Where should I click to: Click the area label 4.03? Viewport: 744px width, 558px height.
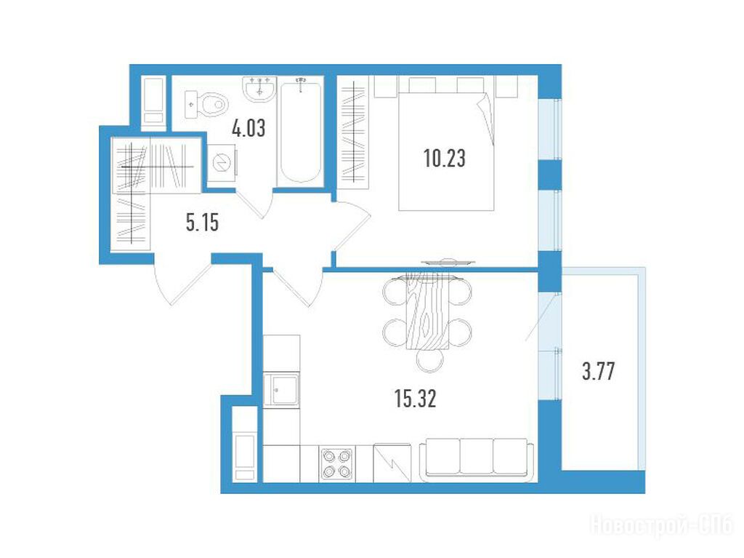pyautogui.click(x=248, y=128)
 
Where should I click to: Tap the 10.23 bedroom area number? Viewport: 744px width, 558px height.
pyautogui.click(x=445, y=159)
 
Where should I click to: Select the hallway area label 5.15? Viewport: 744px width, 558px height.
pyautogui.click(x=203, y=223)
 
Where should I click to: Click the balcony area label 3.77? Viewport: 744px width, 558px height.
pyautogui.click(x=599, y=371)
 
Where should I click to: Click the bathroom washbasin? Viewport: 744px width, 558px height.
pyautogui.click(x=259, y=89)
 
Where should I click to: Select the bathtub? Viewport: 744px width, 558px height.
pyautogui.click(x=300, y=132)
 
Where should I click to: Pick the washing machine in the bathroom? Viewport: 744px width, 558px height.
pyautogui.click(x=221, y=163)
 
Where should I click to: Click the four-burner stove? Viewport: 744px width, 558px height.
pyautogui.click(x=336, y=464)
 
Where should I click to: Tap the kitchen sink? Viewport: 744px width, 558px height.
pyautogui.click(x=282, y=390)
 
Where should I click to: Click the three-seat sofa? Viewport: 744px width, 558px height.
pyautogui.click(x=477, y=457)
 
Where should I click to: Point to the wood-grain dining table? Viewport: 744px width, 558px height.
pyautogui.click(x=427, y=312)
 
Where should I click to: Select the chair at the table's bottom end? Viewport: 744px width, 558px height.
pyautogui.click(x=430, y=360)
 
